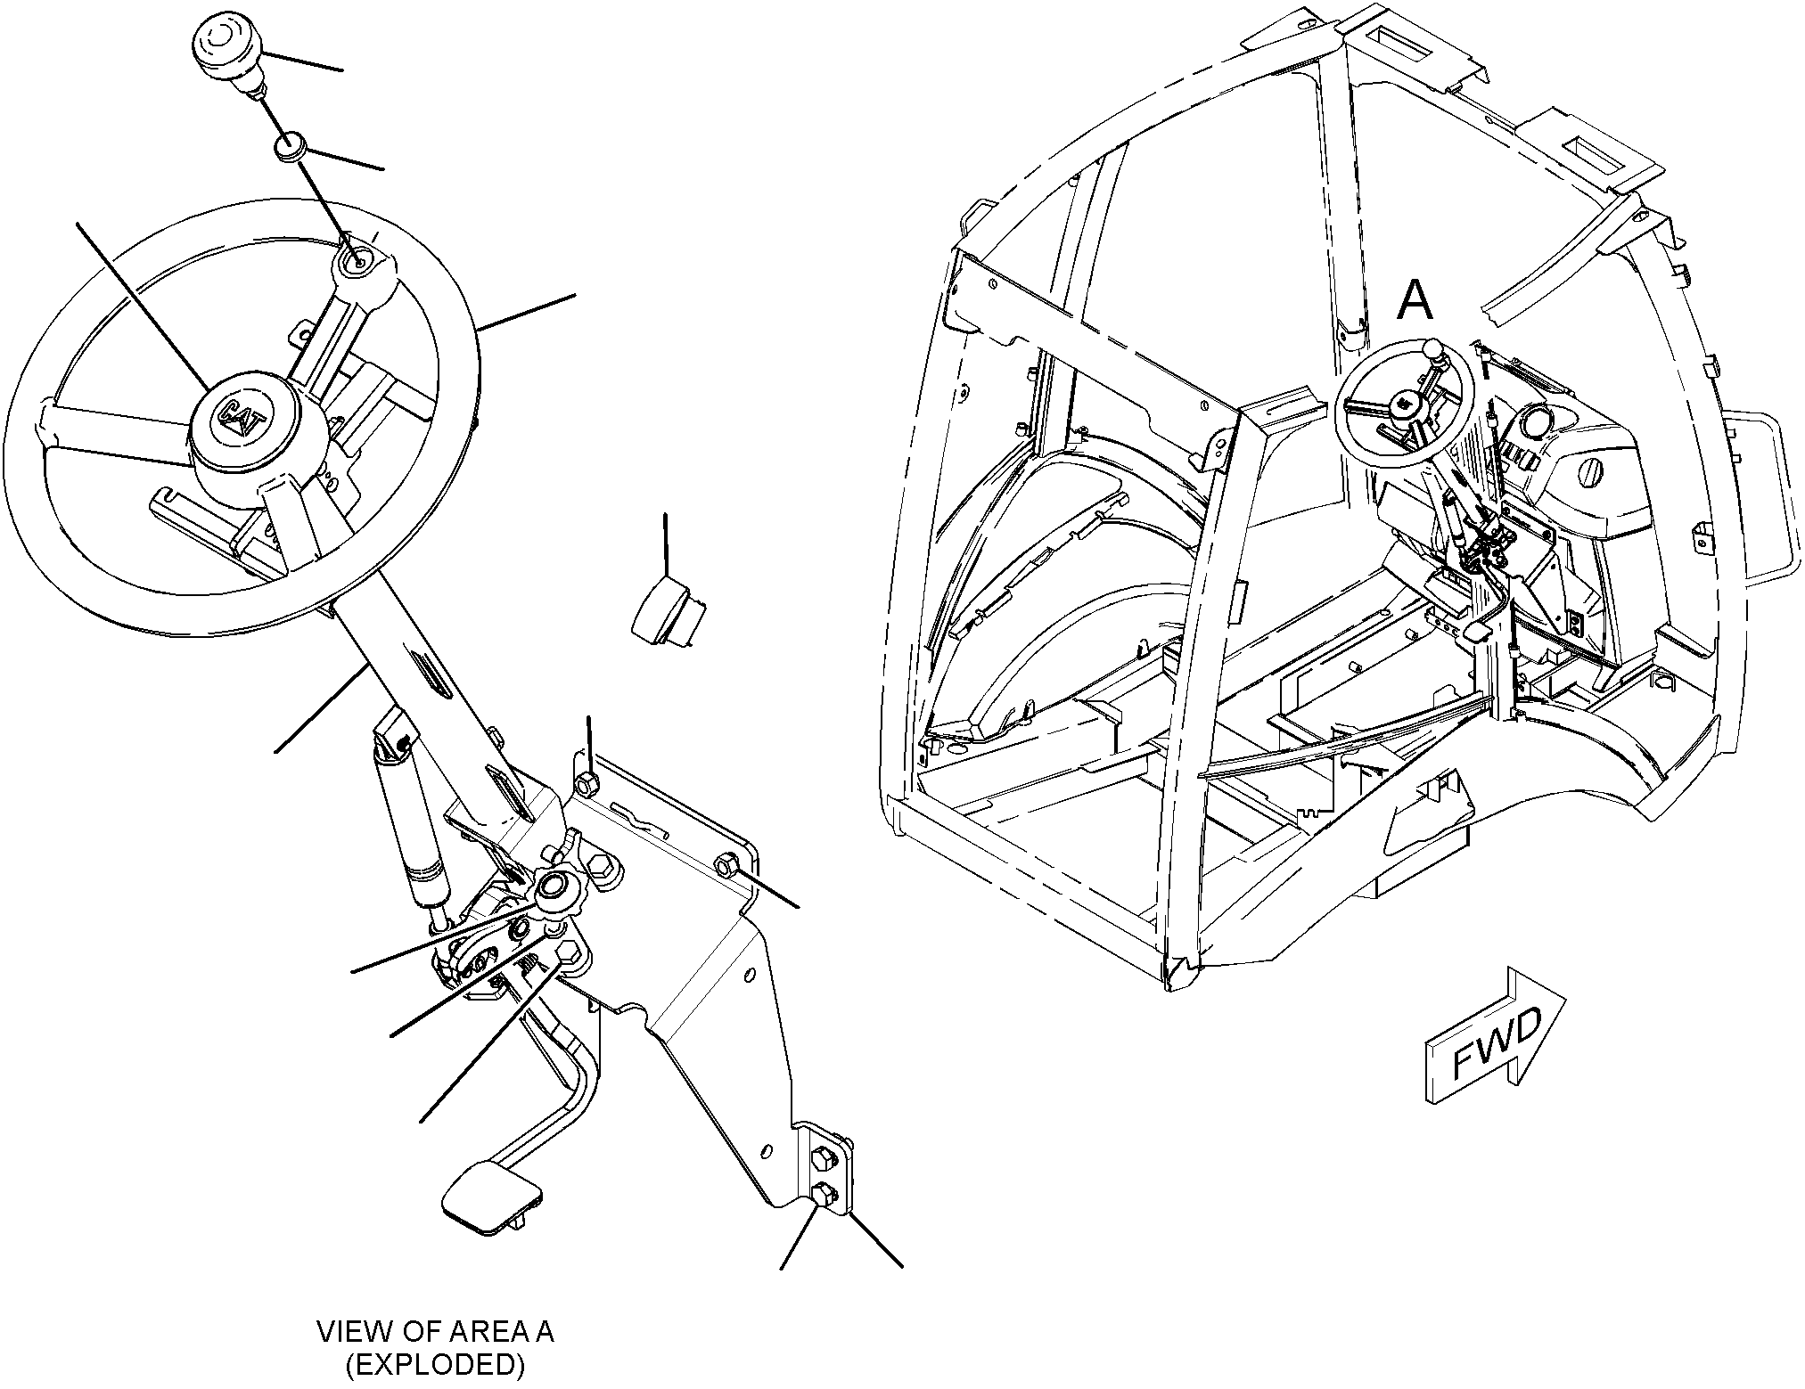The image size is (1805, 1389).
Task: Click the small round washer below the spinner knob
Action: coord(290,146)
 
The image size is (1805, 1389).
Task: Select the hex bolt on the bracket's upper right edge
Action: coord(726,863)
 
